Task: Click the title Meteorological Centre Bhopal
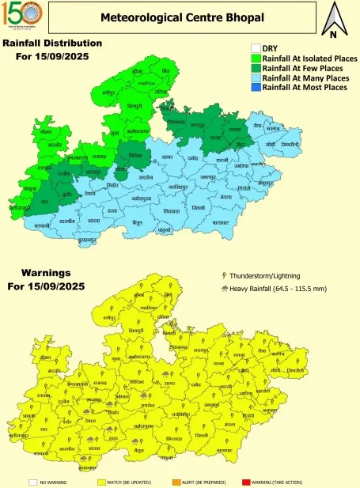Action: click(182, 17)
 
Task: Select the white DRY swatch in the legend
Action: click(256, 48)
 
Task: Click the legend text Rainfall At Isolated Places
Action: click(309, 59)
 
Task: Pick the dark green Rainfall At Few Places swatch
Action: click(256, 68)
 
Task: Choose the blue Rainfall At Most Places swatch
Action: click(256, 87)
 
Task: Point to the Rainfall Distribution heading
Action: click(52, 43)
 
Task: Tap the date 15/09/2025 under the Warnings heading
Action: click(52, 286)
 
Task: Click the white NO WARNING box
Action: click(32, 481)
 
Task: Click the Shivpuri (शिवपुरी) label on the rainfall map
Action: click(137, 106)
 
